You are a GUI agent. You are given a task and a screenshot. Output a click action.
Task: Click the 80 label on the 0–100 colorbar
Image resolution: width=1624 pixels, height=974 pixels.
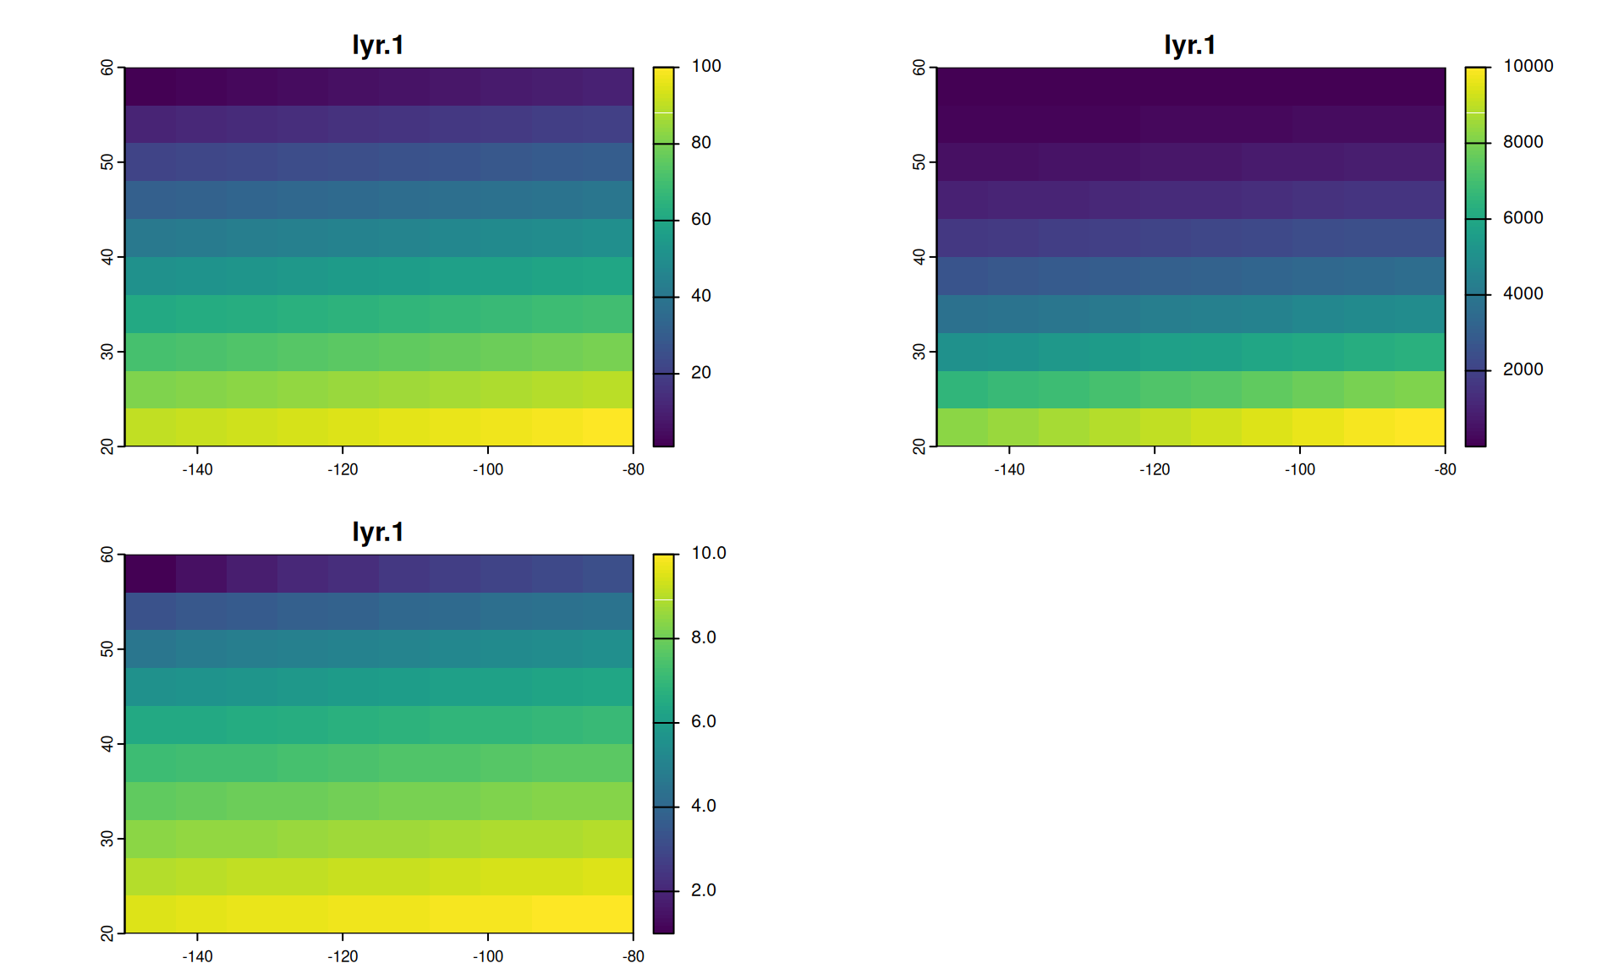(700, 143)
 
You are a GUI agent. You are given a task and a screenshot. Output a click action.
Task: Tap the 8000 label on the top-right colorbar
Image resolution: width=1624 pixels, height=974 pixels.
(1522, 142)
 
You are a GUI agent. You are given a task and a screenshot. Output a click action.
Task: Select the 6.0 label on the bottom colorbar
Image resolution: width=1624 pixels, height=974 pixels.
(703, 721)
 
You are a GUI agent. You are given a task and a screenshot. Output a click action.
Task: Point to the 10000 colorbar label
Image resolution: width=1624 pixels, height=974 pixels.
(1528, 66)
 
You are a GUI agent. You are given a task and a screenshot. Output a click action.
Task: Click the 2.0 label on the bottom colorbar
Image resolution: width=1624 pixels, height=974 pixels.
(703, 890)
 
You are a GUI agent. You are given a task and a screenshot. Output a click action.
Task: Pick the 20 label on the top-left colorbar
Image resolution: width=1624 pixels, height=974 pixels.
(700, 373)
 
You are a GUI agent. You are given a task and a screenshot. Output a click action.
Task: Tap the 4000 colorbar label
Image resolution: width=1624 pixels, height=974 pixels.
(1522, 293)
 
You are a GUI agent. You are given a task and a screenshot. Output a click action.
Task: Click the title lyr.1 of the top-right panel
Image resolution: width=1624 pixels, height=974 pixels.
(1189, 45)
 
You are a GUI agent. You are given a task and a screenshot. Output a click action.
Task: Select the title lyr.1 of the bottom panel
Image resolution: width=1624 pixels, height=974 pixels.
(378, 532)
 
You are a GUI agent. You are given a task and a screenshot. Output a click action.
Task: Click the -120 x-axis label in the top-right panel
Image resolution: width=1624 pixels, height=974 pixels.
(1154, 470)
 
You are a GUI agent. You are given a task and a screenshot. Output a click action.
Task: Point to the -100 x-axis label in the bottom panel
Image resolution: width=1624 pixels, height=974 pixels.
(487, 957)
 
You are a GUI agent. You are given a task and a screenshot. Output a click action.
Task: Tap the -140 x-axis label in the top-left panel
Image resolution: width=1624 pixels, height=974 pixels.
(197, 470)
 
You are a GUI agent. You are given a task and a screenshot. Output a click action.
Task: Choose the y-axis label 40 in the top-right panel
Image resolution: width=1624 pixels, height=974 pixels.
(919, 257)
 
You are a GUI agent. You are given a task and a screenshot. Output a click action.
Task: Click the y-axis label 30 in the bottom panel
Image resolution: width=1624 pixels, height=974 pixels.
(107, 839)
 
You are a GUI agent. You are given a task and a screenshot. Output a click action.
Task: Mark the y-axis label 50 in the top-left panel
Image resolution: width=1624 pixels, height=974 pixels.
(107, 162)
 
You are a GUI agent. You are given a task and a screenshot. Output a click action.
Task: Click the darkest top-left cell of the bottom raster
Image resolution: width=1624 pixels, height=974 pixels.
(151, 573)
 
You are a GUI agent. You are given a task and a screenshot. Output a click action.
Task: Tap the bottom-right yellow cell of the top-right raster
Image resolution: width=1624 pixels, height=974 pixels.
(1419, 427)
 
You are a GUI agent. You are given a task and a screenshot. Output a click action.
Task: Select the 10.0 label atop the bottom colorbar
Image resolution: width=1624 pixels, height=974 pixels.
(708, 553)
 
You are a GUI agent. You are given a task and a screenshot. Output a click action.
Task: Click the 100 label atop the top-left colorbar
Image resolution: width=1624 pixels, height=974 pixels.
(705, 66)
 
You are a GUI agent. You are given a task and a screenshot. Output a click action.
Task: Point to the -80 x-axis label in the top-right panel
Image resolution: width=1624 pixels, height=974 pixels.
(1445, 470)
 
